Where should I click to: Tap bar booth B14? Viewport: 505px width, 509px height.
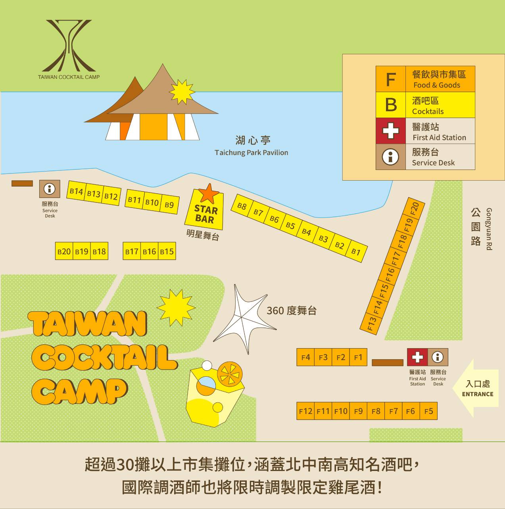point(76,191)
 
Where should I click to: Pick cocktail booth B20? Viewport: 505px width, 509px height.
point(64,252)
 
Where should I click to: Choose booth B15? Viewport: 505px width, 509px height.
point(167,252)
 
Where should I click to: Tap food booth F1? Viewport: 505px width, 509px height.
point(358,357)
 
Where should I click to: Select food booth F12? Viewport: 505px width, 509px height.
point(305,411)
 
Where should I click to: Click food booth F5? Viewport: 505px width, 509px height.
point(428,411)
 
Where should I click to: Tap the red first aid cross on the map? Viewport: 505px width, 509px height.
point(417,357)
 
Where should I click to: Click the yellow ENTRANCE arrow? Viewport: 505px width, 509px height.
point(477,388)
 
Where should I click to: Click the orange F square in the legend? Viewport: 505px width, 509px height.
point(391,79)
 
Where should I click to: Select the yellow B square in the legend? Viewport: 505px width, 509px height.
point(391,105)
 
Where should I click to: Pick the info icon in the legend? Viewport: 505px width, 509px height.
point(391,157)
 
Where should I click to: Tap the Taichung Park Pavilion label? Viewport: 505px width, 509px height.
point(252,153)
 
